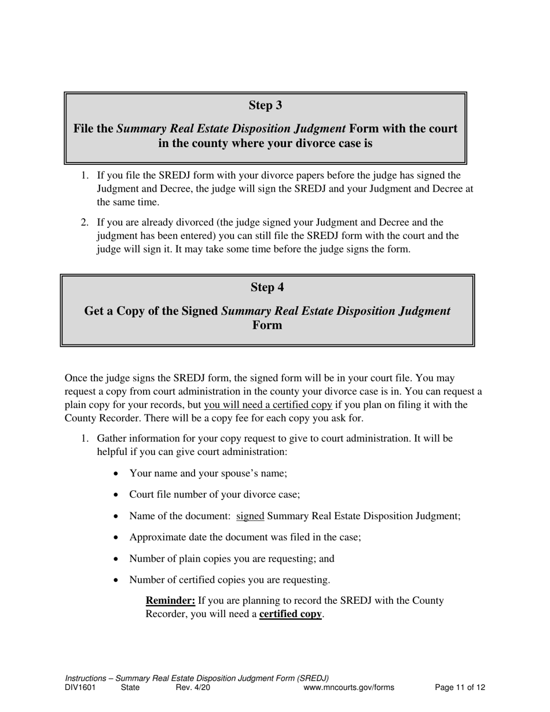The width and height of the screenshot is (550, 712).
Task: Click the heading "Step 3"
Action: (x=265, y=105)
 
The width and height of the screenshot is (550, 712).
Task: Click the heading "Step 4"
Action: (x=267, y=288)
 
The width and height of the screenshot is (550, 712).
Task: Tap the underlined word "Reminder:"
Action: (x=170, y=600)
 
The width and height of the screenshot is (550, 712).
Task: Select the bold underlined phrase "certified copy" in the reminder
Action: (x=290, y=614)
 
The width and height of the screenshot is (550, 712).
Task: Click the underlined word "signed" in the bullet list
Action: (x=250, y=516)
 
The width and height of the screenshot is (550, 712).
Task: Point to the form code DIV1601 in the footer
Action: (x=80, y=688)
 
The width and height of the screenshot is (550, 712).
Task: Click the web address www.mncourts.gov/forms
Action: (x=349, y=688)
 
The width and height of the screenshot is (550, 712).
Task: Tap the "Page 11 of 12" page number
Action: (x=460, y=688)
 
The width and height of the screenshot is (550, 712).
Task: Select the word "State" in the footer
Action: (x=130, y=688)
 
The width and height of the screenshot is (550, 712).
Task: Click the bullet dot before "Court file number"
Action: (x=117, y=495)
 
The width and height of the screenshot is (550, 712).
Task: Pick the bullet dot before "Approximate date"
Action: (x=117, y=538)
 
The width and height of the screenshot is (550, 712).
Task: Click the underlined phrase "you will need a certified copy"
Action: (x=267, y=405)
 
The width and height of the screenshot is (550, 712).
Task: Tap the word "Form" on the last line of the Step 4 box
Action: (x=267, y=325)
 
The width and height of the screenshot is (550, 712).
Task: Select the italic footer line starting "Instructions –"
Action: (x=197, y=678)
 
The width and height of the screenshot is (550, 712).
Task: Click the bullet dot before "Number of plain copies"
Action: (x=117, y=559)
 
